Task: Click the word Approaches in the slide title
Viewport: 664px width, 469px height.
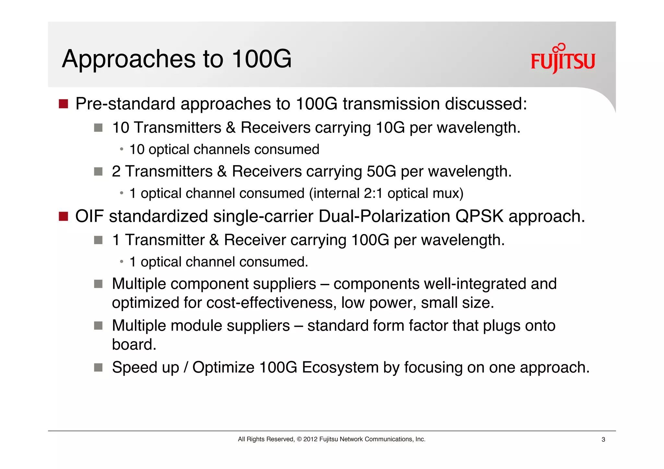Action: pyautogui.click(x=129, y=59)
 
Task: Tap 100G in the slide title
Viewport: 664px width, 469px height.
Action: pyautogui.click(x=262, y=59)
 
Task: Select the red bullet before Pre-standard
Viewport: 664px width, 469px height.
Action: pyautogui.click(x=63, y=104)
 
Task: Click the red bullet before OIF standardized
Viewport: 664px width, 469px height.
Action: pyautogui.click(x=63, y=216)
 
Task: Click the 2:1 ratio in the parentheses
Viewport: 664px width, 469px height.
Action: pyautogui.click(x=373, y=193)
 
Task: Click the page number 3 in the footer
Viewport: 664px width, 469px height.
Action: pyautogui.click(x=603, y=440)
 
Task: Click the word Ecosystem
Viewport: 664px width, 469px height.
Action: pyautogui.click(x=340, y=368)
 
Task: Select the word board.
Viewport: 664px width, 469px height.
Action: pyautogui.click(x=134, y=344)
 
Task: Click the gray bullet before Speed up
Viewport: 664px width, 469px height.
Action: pyautogui.click(x=98, y=368)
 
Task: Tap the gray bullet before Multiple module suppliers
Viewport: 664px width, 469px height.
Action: pyautogui.click(x=98, y=325)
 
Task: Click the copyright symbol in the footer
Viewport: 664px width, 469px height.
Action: pyautogui.click(x=299, y=439)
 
